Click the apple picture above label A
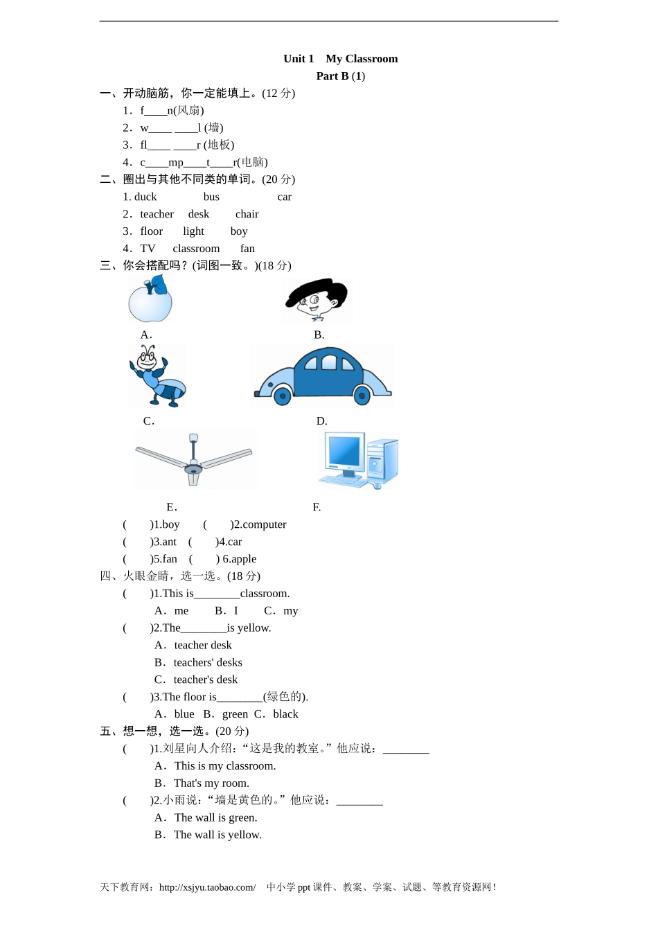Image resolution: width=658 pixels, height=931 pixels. (x=150, y=299)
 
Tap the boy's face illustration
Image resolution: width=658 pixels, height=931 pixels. (x=317, y=299)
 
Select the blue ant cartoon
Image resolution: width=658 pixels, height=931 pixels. (x=157, y=376)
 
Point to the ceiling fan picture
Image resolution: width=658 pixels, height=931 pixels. (x=194, y=459)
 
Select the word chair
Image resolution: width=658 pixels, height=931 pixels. (x=247, y=214)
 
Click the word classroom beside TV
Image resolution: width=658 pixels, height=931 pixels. (x=196, y=249)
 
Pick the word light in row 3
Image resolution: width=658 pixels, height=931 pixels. (x=193, y=231)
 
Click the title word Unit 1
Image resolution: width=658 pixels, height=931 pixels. (x=299, y=59)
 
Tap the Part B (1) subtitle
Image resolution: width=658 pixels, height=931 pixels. (x=340, y=76)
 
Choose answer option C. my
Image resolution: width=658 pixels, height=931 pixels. (x=281, y=611)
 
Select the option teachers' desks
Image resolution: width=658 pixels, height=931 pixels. (x=207, y=663)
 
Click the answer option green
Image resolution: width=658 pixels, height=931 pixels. (x=235, y=714)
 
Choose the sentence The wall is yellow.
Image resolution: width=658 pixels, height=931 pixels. (x=217, y=835)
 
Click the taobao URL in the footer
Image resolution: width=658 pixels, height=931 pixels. (x=207, y=887)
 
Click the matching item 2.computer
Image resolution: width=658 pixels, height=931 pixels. (x=259, y=524)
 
